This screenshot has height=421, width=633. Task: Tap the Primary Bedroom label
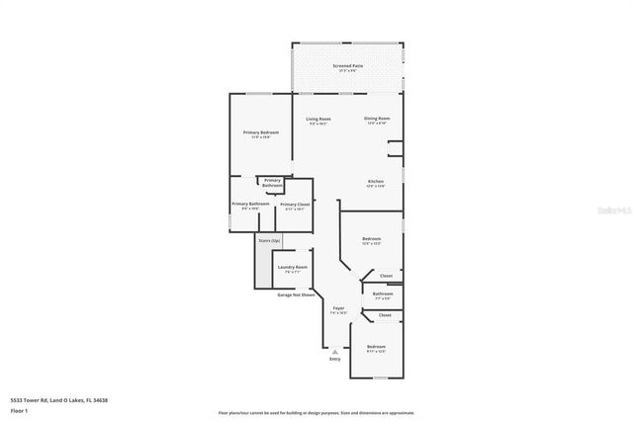[261, 132]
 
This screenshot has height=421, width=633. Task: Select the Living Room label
[318, 119]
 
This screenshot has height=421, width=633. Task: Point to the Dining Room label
[377, 119]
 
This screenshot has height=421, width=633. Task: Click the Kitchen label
[376, 182]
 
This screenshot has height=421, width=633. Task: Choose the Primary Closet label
[295, 205]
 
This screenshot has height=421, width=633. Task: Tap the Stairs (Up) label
[269, 240]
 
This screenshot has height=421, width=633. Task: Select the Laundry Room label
[293, 268]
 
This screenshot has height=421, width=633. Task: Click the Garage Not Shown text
[296, 295]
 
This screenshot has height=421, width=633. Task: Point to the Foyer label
[338, 308]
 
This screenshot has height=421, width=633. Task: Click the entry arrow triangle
[334, 351]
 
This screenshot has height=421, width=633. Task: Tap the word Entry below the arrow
[334, 359]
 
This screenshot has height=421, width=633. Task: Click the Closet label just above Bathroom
[386, 276]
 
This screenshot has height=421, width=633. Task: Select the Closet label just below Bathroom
[385, 315]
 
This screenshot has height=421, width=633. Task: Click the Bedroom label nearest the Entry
[376, 347]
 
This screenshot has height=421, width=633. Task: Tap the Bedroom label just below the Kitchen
[371, 240]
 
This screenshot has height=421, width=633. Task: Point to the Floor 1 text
[18, 410]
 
